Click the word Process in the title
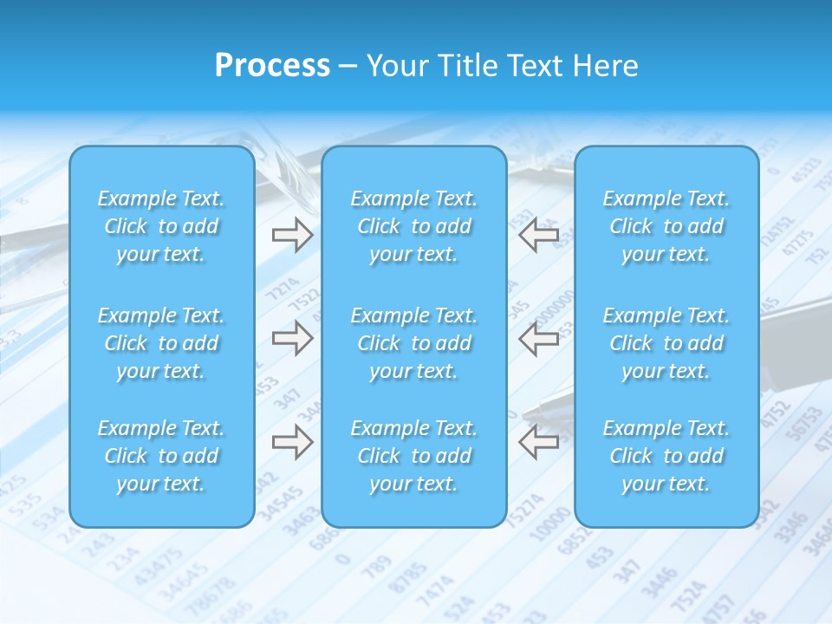(272, 66)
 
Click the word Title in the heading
(467, 66)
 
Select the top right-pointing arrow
(293, 234)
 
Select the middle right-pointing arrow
(293, 338)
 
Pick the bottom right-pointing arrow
(293, 442)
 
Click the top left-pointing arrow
(539, 234)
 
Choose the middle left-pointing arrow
(539, 338)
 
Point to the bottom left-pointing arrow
(539, 442)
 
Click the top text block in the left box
(161, 226)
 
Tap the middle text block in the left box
(161, 343)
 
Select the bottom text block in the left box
(161, 456)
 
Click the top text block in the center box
(414, 226)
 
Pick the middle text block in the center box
(414, 343)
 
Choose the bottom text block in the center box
(414, 456)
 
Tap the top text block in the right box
(666, 226)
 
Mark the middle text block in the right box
(666, 343)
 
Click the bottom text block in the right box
(666, 456)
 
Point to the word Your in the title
(396, 66)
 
